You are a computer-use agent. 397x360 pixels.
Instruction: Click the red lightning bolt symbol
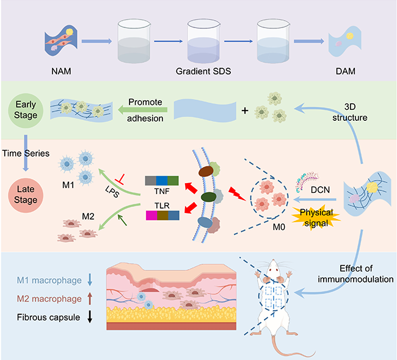(233, 193)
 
